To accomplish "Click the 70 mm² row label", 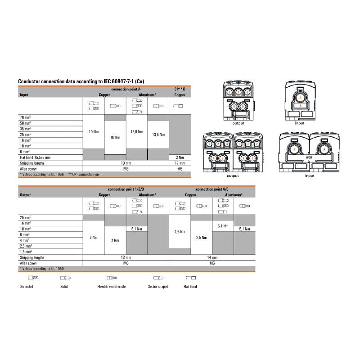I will coord(25,117).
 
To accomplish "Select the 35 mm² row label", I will coord(25,129).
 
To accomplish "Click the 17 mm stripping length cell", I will coord(180,163).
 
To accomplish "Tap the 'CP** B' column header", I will coord(180,90).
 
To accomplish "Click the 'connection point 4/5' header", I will coord(211,190).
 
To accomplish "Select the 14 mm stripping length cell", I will coord(211,257).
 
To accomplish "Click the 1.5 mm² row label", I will coord(26,252).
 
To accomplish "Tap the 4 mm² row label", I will coord(25,240).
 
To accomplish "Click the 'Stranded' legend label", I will coord(27,287).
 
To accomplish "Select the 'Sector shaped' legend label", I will coord(158,287).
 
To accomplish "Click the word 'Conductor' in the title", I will coord(29,81).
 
